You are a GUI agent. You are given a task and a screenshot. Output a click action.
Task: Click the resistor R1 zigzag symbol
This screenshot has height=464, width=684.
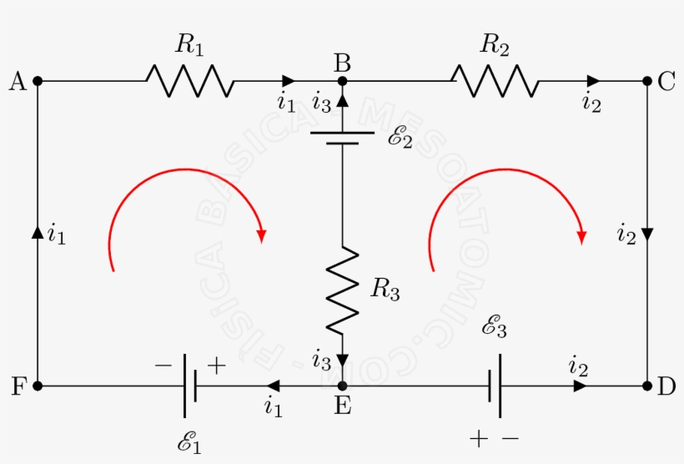click(189, 81)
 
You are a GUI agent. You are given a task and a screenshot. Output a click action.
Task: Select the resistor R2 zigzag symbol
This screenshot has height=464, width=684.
click(494, 81)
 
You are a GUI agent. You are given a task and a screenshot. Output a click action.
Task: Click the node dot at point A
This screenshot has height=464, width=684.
click(38, 81)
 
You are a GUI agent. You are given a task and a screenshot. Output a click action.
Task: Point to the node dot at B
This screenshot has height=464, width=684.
click(342, 81)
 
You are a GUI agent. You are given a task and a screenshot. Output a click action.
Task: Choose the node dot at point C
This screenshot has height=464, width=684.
click(647, 81)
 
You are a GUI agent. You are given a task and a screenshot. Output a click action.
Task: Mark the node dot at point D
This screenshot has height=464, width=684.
click(647, 386)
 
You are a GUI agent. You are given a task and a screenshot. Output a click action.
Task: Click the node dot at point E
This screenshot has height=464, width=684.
click(342, 386)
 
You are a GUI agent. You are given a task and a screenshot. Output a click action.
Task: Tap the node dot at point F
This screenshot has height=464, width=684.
click(38, 386)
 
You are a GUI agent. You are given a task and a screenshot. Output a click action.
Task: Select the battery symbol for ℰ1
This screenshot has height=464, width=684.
click(189, 386)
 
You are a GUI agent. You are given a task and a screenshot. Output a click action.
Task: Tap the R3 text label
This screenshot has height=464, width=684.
click(385, 290)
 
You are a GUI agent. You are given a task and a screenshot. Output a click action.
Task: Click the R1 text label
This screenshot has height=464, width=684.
click(189, 46)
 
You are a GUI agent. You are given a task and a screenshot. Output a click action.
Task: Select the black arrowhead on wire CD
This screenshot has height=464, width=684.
click(647, 233)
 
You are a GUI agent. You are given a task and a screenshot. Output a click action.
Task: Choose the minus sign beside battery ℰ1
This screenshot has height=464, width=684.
click(163, 365)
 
